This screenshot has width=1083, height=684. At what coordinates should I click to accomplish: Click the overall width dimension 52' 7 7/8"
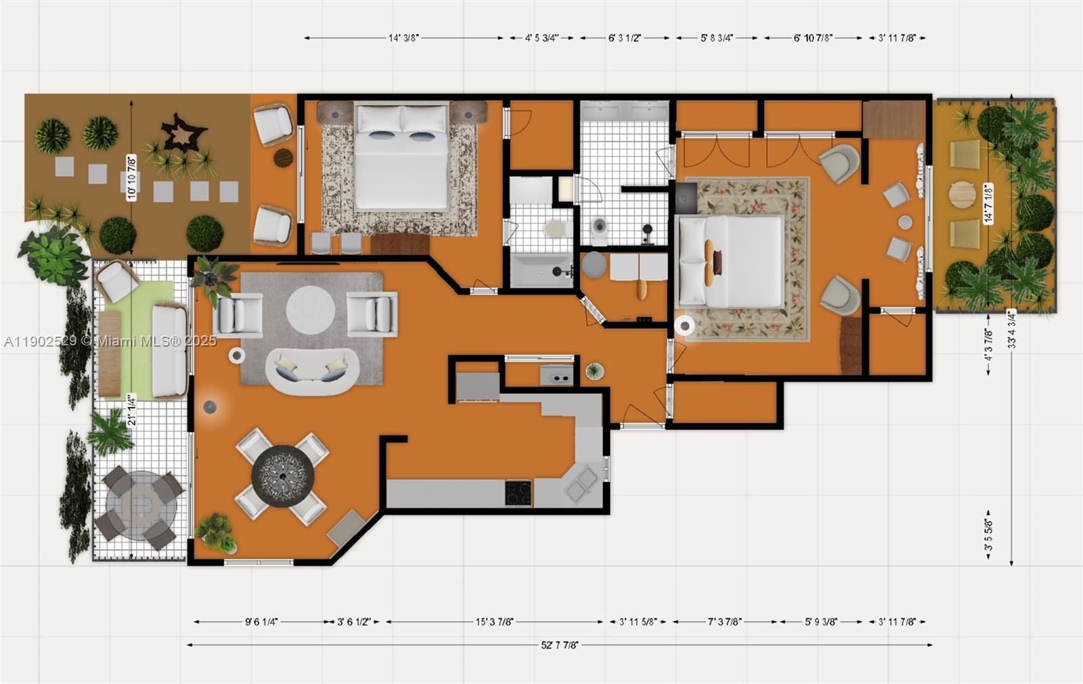tap(559, 645)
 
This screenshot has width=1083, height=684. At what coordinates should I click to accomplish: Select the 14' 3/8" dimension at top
tap(403, 38)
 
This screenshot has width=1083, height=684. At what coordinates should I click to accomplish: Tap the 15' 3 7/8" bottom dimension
tap(494, 622)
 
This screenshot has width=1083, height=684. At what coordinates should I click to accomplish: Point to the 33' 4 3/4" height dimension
tap(1011, 329)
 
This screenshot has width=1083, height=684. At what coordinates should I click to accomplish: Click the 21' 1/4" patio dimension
tap(132, 410)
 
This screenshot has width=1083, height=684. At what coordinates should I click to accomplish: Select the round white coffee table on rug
tap(310, 309)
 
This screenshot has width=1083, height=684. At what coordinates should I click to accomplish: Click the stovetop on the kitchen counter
tap(518, 492)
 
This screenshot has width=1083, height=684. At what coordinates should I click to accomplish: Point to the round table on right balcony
tap(963, 195)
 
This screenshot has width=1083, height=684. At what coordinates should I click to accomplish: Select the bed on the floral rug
tap(731, 260)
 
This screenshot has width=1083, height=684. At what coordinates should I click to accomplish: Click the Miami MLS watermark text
tap(110, 341)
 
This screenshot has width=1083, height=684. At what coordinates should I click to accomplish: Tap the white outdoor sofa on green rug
tap(169, 350)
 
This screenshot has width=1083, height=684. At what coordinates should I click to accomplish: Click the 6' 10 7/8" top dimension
tap(813, 38)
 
